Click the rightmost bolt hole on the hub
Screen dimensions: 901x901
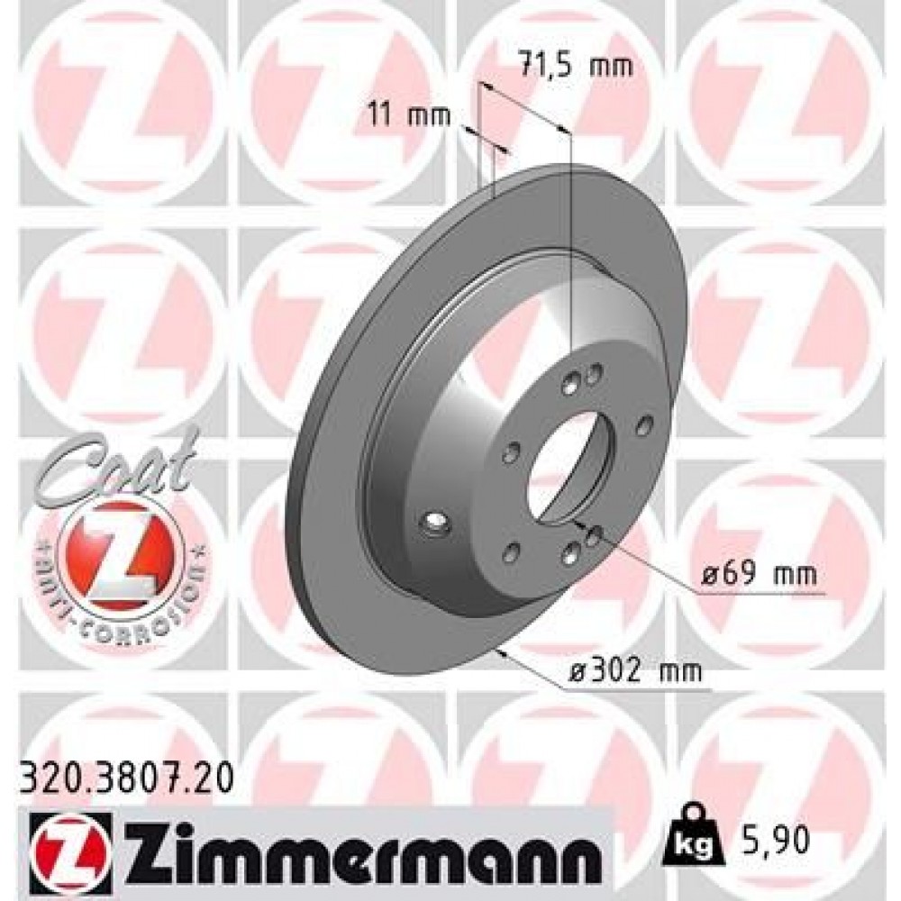pyautogui.click(x=643, y=423)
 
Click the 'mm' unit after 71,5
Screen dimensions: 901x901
pyautogui.click(x=613, y=65)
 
